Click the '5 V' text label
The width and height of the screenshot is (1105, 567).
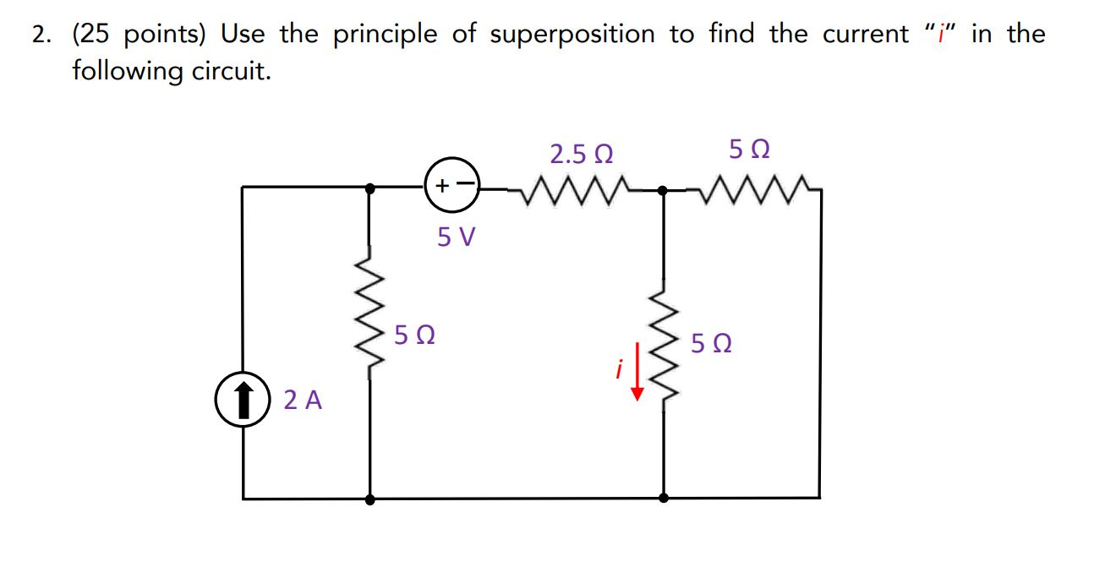457,237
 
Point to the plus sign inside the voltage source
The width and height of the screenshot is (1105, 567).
441,185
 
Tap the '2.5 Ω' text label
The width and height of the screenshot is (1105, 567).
581,155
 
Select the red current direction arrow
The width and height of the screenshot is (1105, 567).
637,379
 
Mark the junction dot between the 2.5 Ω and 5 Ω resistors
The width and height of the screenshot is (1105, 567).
663,190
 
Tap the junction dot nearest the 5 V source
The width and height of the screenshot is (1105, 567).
369,189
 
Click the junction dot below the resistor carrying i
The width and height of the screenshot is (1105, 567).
663,499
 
